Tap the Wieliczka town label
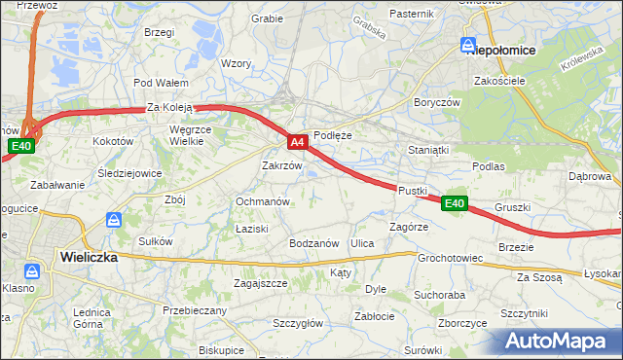pos(88,258)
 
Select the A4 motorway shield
pos(299,144)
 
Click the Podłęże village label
pos(332,136)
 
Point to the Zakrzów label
pos(282,165)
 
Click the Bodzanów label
pos(313,243)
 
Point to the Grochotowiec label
pos(451,259)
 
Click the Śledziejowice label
pos(129,173)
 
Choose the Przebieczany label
pos(195,310)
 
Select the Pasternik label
pos(411,14)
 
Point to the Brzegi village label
pos(158,32)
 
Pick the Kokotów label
pos(112,141)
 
